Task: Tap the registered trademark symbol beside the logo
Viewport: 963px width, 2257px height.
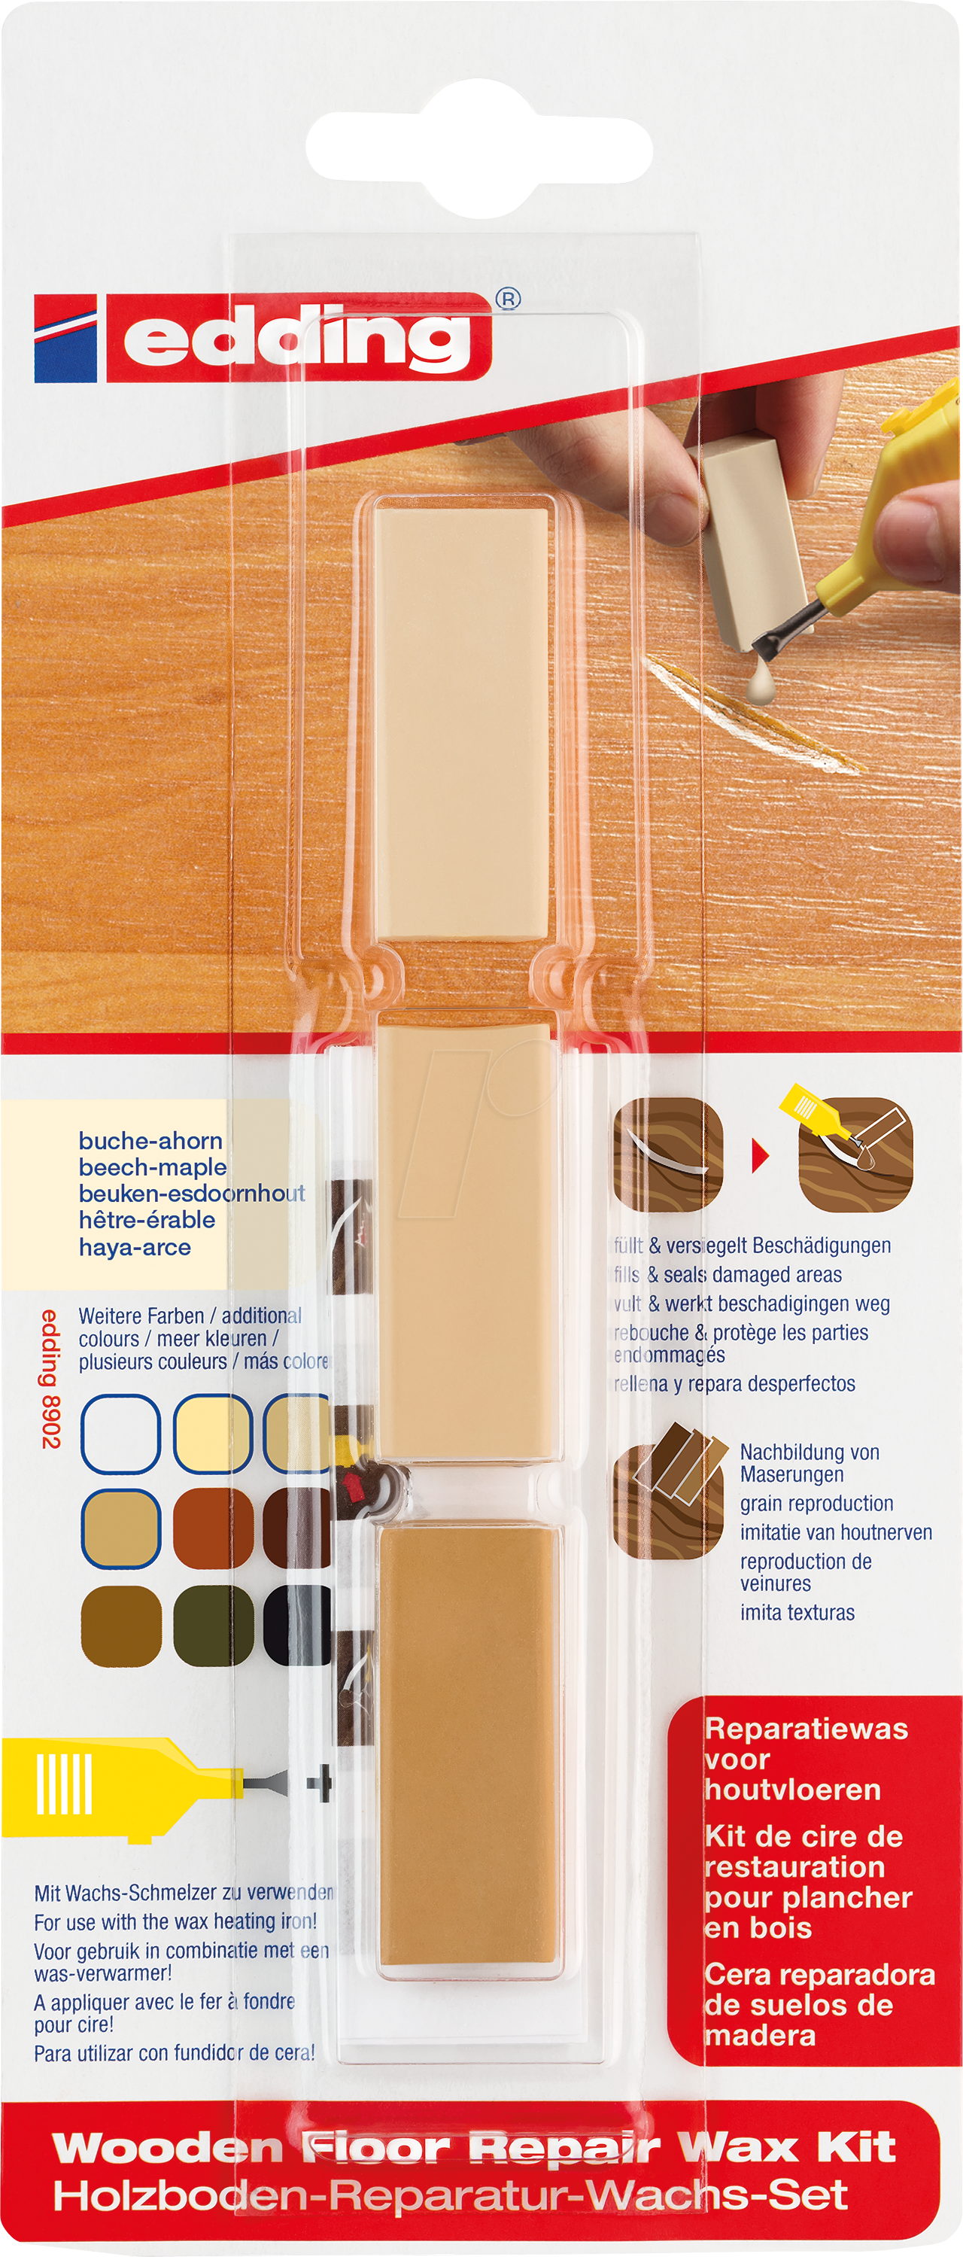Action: pyautogui.click(x=509, y=299)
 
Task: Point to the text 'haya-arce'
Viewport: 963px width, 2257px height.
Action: pyautogui.click(x=135, y=1247)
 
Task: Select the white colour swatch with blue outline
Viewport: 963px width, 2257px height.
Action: pyautogui.click(x=120, y=1434)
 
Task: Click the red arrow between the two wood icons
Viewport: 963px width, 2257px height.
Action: pyautogui.click(x=760, y=1157)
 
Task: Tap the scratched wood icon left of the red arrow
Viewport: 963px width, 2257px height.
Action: pyautogui.click(x=667, y=1154)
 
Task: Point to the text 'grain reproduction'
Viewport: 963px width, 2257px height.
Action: pyautogui.click(x=816, y=1504)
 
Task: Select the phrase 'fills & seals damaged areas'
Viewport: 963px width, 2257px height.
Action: pyautogui.click(x=728, y=1275)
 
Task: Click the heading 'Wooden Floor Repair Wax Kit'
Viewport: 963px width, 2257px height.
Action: pyautogui.click(x=473, y=2147)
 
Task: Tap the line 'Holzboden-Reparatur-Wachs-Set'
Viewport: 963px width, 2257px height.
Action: pyautogui.click(x=449, y=2195)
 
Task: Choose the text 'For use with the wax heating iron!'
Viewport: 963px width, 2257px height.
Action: pyautogui.click(x=175, y=1921)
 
